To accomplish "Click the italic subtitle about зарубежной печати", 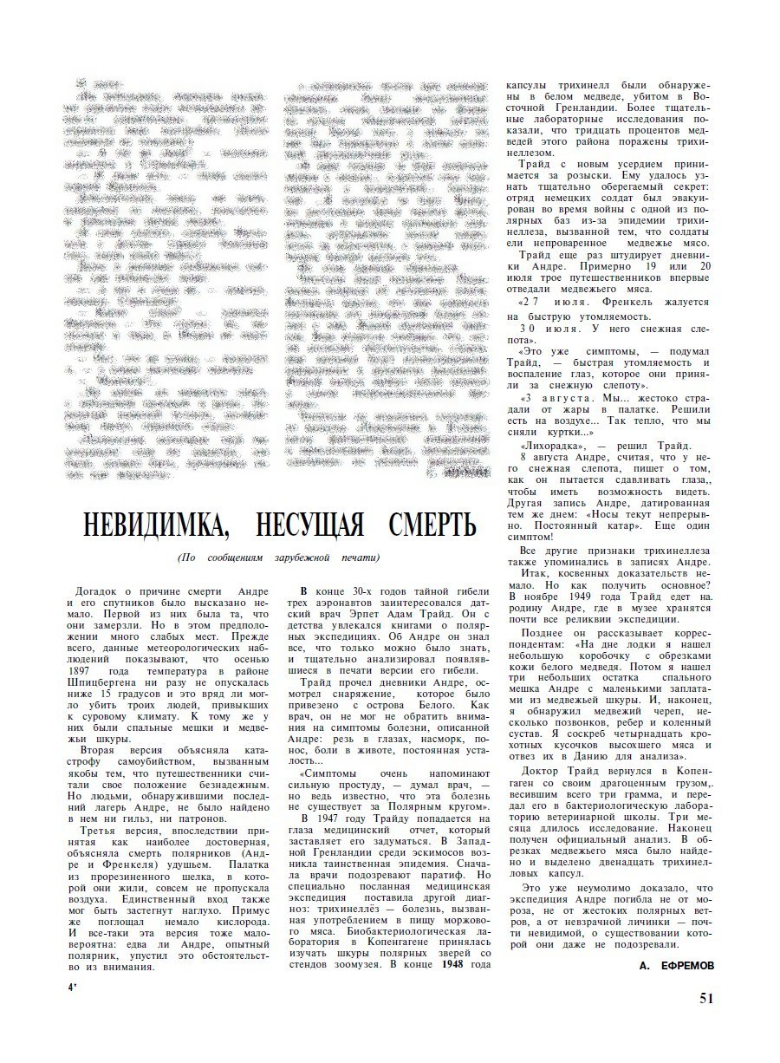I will click(278, 557).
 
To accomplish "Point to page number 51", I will click(706, 998).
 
